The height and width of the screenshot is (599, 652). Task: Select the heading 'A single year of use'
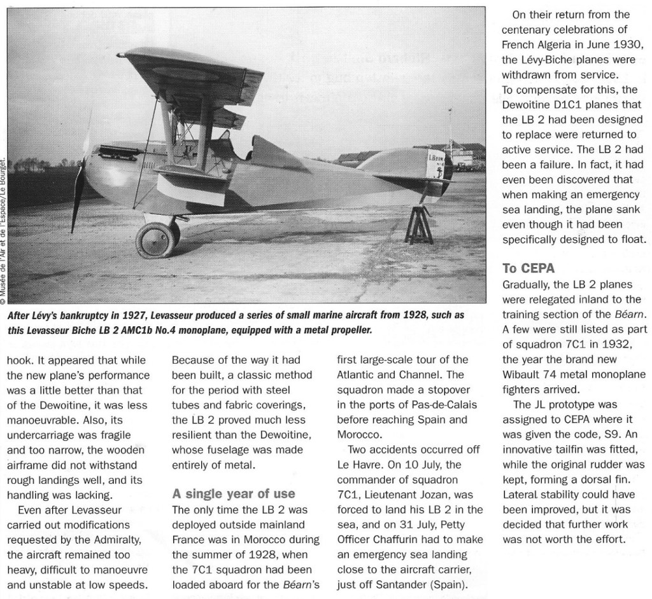tap(233, 493)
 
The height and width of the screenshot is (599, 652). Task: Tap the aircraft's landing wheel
tap(155, 239)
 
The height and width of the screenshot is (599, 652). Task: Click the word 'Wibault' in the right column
tap(521, 373)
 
